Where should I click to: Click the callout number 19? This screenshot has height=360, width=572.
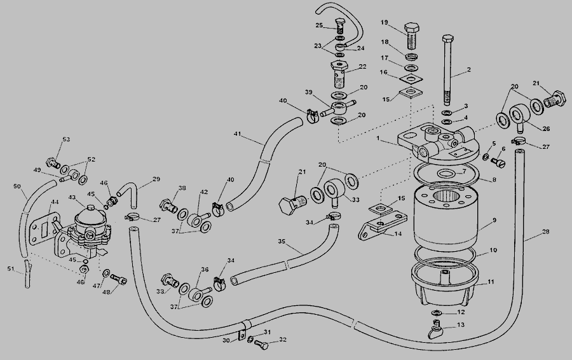pos(385,22)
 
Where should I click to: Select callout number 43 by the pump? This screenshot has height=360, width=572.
pos(72,198)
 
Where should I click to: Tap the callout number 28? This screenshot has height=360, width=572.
pos(546,233)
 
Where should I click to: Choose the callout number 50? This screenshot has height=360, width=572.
pos(17,187)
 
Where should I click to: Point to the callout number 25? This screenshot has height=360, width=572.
pos(320,25)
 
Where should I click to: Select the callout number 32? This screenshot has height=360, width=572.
pos(283,340)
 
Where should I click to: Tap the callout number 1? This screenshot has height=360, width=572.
pos(379,139)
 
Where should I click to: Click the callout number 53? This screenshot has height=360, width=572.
pos(66,139)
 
